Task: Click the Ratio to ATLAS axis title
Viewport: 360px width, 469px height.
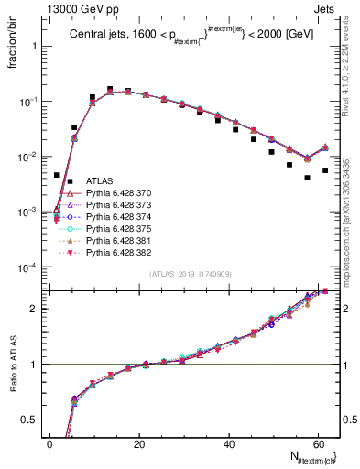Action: pos(11,363)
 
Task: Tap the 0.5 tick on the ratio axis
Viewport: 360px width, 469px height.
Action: pos(32,420)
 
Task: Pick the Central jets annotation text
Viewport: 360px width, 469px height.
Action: pos(184,37)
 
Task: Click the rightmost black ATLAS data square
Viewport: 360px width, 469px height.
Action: pos(325,170)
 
